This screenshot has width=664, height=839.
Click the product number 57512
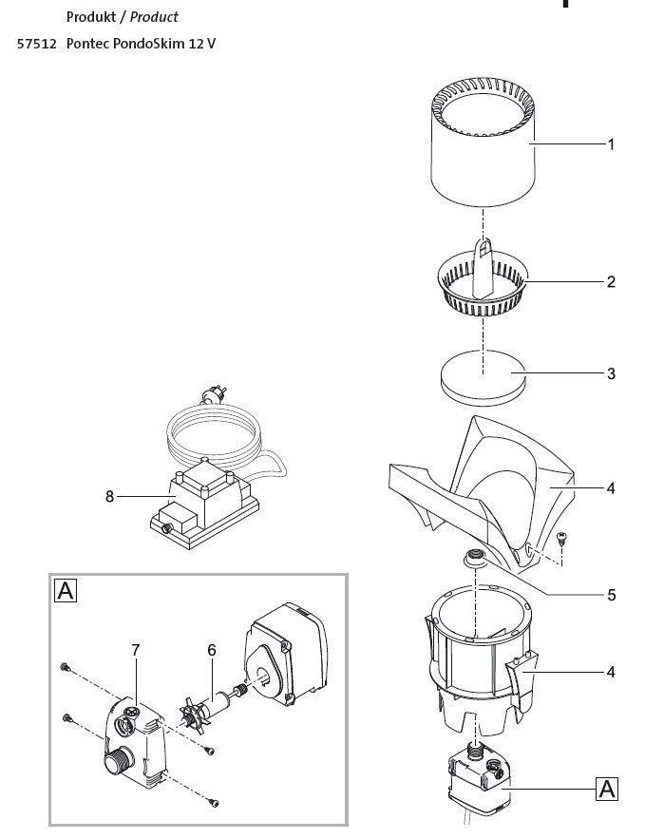coord(36,44)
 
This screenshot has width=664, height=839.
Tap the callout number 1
coord(611,144)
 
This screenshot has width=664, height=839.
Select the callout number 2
coord(611,282)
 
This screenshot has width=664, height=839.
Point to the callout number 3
coord(611,373)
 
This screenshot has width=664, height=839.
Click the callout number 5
coord(611,595)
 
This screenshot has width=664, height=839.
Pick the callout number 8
coord(109,497)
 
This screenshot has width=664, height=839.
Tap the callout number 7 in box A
coord(136,650)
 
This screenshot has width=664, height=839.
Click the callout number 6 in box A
coord(212,650)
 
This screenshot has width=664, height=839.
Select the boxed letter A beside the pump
coord(607,790)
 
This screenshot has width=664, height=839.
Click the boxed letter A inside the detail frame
coord(66,591)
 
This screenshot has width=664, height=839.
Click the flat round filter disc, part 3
coord(484,378)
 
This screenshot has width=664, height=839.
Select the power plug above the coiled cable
coord(214,395)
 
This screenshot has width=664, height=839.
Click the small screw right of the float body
coord(561,539)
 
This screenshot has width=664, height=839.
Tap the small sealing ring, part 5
coord(475,558)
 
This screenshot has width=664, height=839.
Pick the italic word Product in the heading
coord(154,17)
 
